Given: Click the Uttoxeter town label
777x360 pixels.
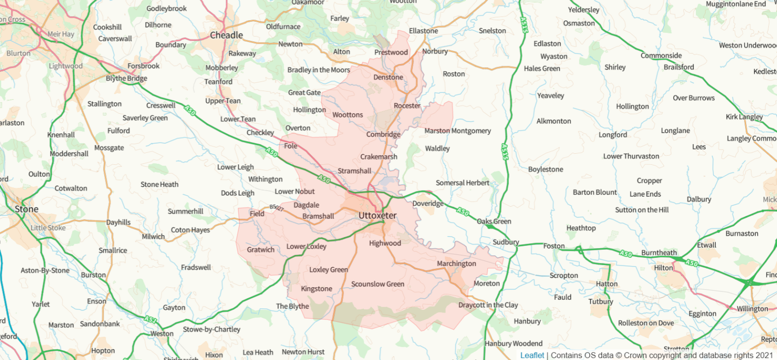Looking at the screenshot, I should [x=377, y=216].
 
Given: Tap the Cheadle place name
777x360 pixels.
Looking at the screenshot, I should [x=226, y=35].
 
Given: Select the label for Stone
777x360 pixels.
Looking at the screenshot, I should [x=26, y=209].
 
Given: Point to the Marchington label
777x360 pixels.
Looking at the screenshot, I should [x=456, y=263].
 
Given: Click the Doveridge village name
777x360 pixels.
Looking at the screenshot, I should [x=428, y=204].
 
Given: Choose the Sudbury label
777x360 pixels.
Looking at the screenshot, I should [x=505, y=242].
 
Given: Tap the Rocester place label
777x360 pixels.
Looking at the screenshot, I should [x=407, y=106].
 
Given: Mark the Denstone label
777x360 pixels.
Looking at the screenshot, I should [x=388, y=77].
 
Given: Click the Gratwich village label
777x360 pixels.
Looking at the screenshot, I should [x=261, y=250].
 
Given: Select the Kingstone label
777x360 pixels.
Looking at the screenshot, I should [x=317, y=289].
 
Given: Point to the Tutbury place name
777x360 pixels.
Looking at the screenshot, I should [x=600, y=301].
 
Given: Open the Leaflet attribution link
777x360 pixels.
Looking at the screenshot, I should [x=532, y=355].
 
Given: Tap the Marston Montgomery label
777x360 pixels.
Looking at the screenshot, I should [x=457, y=131].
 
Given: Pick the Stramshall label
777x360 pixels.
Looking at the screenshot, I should [x=354, y=171].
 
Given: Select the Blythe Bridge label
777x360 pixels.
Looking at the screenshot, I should [x=126, y=78].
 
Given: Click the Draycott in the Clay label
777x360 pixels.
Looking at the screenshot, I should [x=488, y=305].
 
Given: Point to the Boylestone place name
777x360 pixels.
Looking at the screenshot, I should [x=545, y=169].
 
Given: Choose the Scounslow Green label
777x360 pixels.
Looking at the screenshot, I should [x=377, y=284].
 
